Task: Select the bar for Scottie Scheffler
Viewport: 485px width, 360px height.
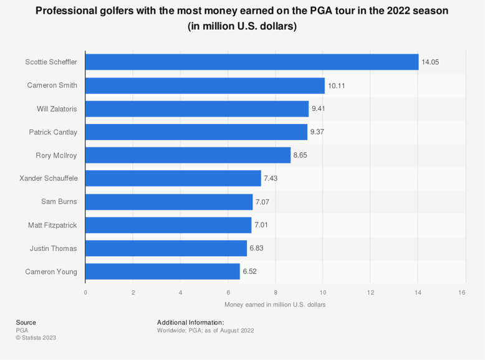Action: pos(252,62)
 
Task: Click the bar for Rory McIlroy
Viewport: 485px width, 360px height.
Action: pos(188,155)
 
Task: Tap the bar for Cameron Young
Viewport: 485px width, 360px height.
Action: pos(162,272)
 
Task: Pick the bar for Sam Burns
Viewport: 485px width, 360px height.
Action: pos(169,202)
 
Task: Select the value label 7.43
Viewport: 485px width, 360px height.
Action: pos(271,179)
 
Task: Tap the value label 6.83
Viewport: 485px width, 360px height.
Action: pos(257,249)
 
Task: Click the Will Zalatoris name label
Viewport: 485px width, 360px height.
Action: pos(57,108)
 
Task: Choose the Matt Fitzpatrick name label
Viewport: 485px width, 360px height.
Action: pos(52,225)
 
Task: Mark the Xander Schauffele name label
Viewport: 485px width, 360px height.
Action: pos(49,179)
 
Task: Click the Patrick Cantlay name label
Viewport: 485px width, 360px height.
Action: pos(53,132)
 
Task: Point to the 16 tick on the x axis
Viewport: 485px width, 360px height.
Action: pos(462,292)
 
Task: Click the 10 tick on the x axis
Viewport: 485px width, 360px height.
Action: pos(322,292)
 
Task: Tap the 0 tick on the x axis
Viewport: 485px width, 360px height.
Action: pos(85,292)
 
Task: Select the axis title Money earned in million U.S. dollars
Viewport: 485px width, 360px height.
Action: pos(274,305)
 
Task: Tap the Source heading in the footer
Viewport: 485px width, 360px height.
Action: pos(26,322)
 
